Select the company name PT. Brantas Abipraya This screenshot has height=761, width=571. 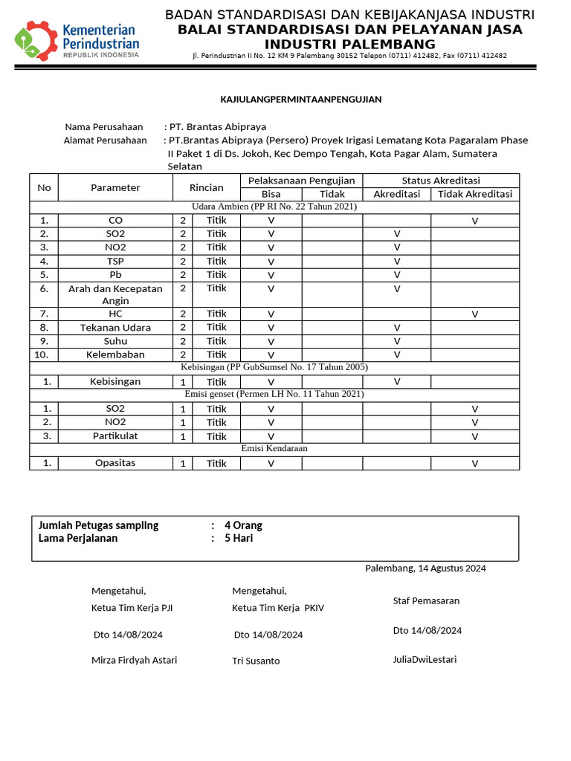(218, 127)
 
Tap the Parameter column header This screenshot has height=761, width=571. (115, 187)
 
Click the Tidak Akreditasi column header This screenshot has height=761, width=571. (474, 194)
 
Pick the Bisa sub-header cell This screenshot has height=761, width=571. (271, 194)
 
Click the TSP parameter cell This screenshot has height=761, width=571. (115, 261)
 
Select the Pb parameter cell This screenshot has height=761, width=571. (115, 274)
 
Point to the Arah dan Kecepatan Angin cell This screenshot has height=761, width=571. (115, 294)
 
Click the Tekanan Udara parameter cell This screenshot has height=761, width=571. (115, 328)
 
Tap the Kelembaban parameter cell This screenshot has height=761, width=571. (115, 354)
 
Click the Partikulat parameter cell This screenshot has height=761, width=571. (115, 435)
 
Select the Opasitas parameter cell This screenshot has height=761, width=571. (115, 463)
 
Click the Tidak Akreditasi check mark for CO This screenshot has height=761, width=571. (474, 221)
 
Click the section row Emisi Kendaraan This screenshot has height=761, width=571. (274, 448)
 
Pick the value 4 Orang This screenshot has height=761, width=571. (243, 525)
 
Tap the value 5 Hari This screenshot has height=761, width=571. (239, 538)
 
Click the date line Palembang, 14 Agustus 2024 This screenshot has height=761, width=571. (425, 569)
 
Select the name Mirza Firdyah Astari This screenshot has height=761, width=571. (134, 660)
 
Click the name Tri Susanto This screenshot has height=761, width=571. (256, 661)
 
